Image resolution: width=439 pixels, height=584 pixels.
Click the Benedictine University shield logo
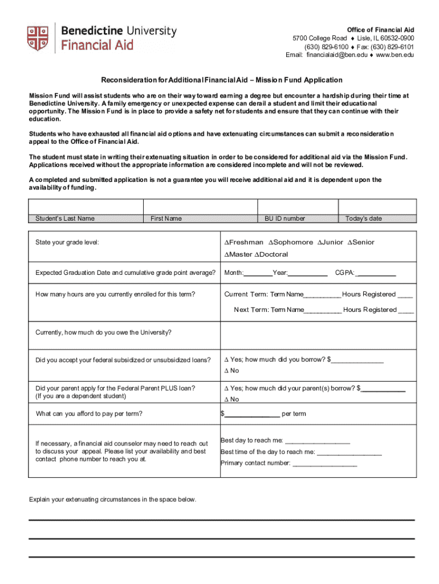(x=38, y=38)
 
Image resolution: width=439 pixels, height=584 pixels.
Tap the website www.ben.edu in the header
(x=395, y=55)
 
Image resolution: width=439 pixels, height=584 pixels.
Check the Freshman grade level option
(x=226, y=242)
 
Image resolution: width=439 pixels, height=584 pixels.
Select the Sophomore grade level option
(x=271, y=242)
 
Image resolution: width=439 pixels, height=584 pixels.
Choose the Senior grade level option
(x=349, y=242)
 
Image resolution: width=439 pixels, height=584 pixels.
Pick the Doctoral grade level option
(x=257, y=254)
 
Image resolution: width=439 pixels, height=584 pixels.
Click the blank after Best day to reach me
(x=317, y=441)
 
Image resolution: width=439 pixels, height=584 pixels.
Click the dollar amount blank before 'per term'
(x=252, y=415)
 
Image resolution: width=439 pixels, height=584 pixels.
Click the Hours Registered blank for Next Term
(x=405, y=311)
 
